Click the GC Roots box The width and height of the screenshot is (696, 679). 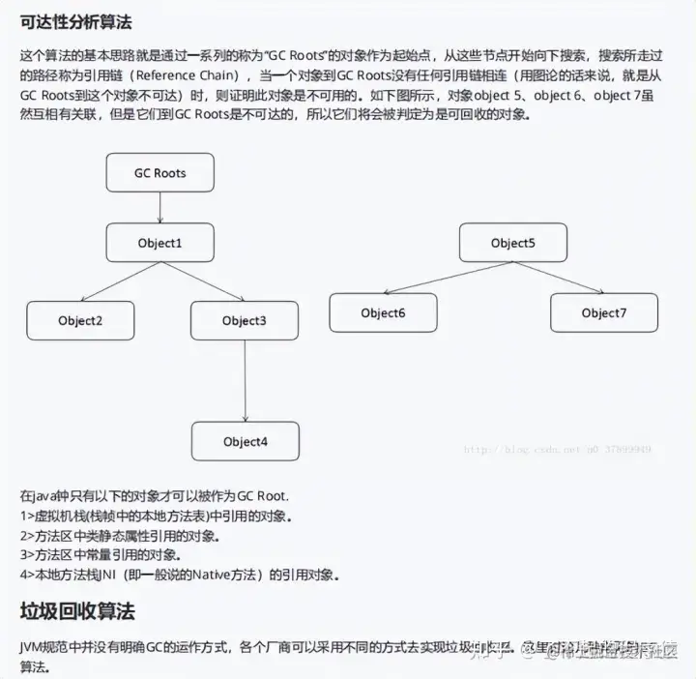coord(159,174)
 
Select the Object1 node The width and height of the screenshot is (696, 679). coord(159,242)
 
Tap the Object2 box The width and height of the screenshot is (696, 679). coord(80,320)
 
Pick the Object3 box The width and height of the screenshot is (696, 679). coord(244,320)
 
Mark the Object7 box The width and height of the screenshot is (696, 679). coord(604,312)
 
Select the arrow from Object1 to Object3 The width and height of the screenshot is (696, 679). coord(203,282)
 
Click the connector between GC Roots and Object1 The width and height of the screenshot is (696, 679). coord(159,208)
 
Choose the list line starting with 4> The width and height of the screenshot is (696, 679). coord(180,575)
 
